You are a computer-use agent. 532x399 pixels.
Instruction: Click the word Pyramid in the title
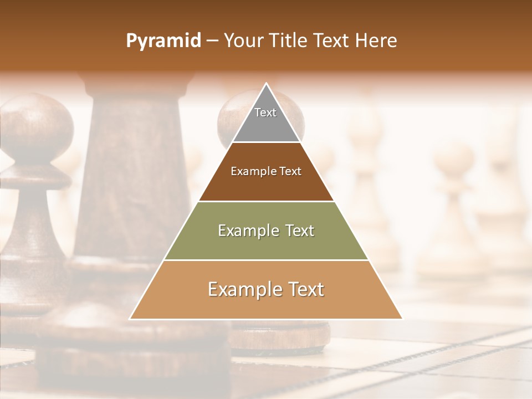(163, 41)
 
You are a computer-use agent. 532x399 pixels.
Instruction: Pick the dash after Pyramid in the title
(212, 42)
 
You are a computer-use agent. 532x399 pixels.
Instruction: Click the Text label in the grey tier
(265, 112)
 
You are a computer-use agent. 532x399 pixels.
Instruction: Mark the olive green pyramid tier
(266, 244)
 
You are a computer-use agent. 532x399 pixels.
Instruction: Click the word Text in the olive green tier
(296, 231)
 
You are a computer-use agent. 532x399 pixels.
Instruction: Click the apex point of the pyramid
(267, 84)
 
